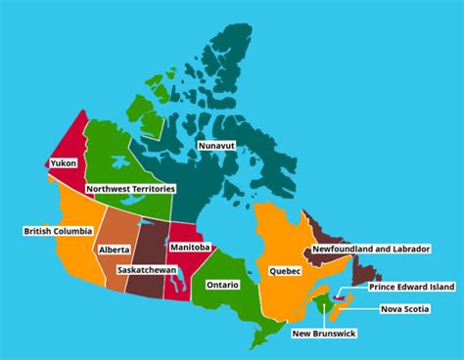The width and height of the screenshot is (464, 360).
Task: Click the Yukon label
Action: pos(63,164)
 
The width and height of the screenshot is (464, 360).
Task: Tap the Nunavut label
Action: pos(216,146)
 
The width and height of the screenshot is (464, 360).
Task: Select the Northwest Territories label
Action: pos(130,188)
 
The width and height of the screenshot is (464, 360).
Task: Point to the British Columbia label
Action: pos(58,231)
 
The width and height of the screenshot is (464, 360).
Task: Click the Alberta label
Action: pos(114,250)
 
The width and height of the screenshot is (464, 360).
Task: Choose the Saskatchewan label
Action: pos(147,269)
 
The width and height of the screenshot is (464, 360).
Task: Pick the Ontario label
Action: pos(222,285)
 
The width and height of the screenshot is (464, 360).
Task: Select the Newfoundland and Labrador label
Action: pos(370,249)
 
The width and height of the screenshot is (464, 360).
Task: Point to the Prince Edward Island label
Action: pos(411,287)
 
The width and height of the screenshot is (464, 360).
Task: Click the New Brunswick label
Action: pos(324,334)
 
